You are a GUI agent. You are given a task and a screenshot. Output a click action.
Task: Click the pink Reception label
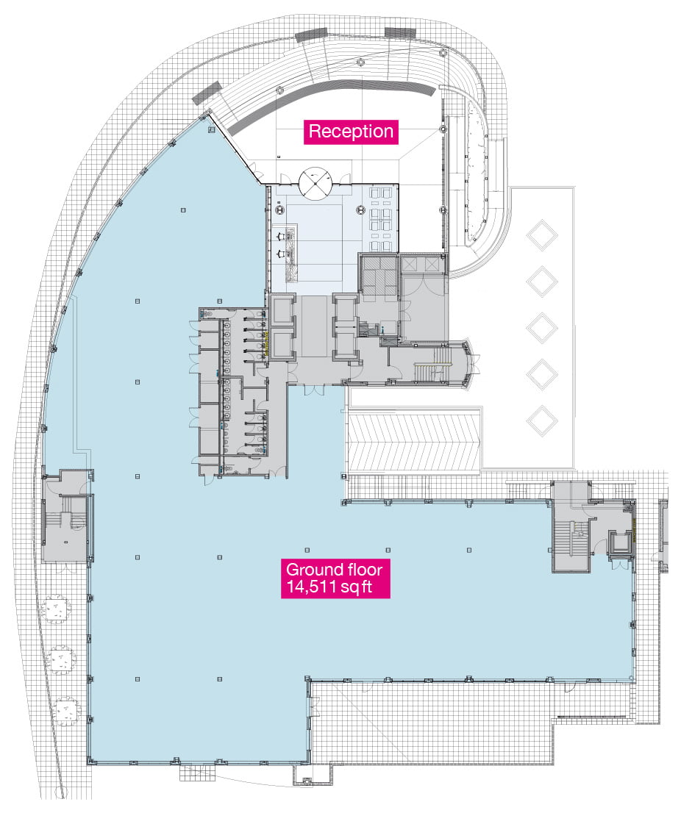point(351,131)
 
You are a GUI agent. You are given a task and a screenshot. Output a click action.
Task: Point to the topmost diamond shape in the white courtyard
point(542,235)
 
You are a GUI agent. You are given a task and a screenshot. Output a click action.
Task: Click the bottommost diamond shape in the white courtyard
point(542,420)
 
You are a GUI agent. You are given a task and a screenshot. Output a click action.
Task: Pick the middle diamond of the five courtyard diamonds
point(542,328)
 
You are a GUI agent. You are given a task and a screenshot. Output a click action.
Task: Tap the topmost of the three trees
point(55,609)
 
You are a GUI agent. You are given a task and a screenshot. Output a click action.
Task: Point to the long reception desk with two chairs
point(291,253)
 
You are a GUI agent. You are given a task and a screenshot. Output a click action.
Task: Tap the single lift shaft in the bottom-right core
point(620,542)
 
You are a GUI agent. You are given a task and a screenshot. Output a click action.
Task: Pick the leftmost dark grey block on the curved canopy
point(207,93)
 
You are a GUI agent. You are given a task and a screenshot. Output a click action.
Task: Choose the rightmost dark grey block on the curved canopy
point(400,32)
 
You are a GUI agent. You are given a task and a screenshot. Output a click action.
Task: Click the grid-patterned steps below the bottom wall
point(196,773)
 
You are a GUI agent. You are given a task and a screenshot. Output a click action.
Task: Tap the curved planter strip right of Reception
point(477,171)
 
